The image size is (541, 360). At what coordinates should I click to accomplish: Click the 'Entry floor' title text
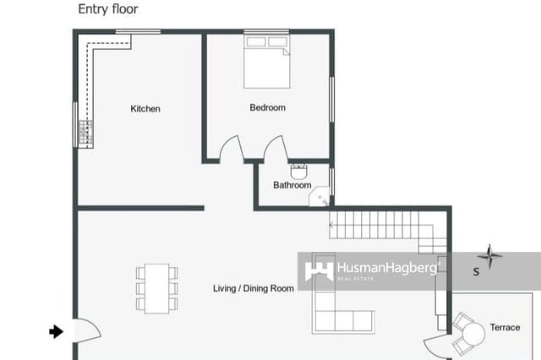(107, 9)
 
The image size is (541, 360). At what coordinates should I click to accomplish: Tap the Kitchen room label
(145, 109)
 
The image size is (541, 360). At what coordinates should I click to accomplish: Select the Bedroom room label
(267, 107)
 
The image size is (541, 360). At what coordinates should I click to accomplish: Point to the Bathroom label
(292, 185)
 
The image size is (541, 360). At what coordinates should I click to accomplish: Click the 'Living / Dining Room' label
(253, 289)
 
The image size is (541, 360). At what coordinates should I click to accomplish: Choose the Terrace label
(505, 327)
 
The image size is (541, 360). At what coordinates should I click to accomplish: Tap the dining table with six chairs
(157, 288)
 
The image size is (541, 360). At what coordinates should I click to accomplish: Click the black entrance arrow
(57, 332)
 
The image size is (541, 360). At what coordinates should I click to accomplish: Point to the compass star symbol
(489, 255)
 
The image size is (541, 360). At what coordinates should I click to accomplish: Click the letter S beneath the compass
(476, 272)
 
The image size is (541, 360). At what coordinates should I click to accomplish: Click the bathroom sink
(298, 169)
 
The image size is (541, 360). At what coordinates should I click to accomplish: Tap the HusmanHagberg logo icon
(318, 270)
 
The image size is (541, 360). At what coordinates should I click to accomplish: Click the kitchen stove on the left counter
(85, 132)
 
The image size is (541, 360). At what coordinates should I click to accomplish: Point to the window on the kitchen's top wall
(138, 32)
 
